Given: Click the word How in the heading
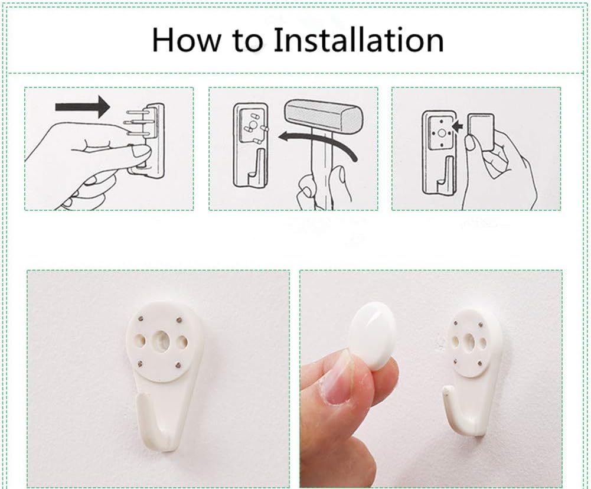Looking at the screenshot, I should tap(184, 40).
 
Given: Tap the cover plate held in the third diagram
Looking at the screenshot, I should tap(482, 133).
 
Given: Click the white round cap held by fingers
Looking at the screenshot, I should tap(374, 341).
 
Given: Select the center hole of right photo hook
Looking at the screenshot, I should tap(471, 341).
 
